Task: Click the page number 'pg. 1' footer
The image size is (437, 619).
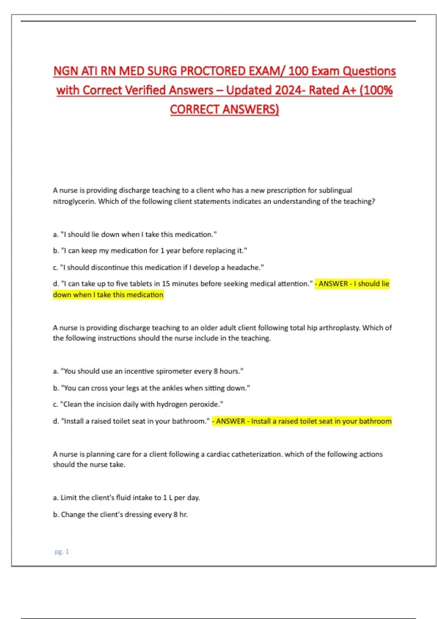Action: point(62,552)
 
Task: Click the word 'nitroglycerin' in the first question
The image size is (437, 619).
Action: point(74,201)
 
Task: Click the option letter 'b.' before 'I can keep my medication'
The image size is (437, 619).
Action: point(56,251)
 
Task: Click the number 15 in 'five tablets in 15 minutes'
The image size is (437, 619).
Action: point(166,284)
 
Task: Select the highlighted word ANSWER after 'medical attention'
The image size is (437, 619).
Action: point(333,284)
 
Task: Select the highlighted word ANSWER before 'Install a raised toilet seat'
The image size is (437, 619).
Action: point(231,421)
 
